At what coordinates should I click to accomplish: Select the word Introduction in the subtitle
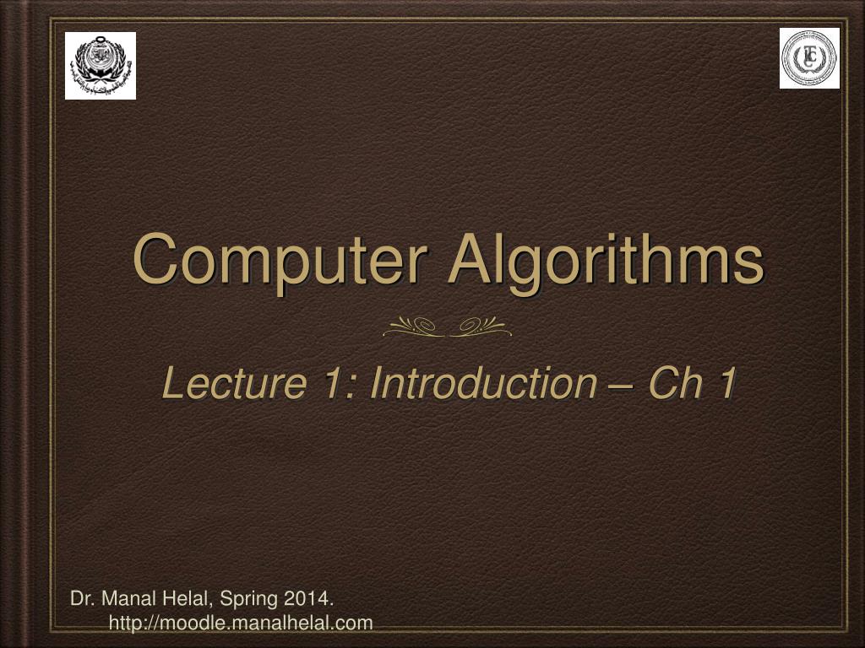point(483,384)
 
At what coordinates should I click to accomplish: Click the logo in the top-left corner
point(101,66)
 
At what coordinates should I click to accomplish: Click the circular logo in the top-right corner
point(809,58)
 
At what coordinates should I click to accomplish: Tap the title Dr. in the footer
point(81,599)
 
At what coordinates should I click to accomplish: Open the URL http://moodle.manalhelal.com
point(241,623)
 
